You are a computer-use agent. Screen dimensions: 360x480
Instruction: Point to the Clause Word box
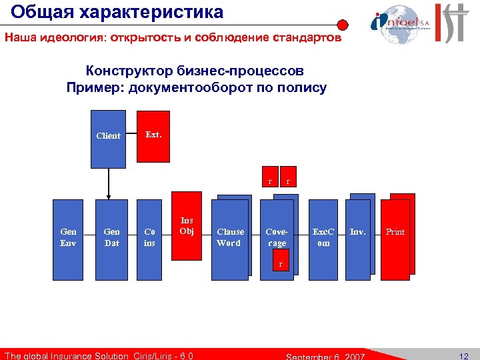229,237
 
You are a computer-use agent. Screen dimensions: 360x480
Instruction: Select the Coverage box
276,237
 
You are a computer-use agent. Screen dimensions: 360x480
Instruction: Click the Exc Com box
323,237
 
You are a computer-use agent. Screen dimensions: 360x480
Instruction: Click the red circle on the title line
342,26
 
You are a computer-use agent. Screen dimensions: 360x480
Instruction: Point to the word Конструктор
131,71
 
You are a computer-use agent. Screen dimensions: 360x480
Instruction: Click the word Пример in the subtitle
94,87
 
